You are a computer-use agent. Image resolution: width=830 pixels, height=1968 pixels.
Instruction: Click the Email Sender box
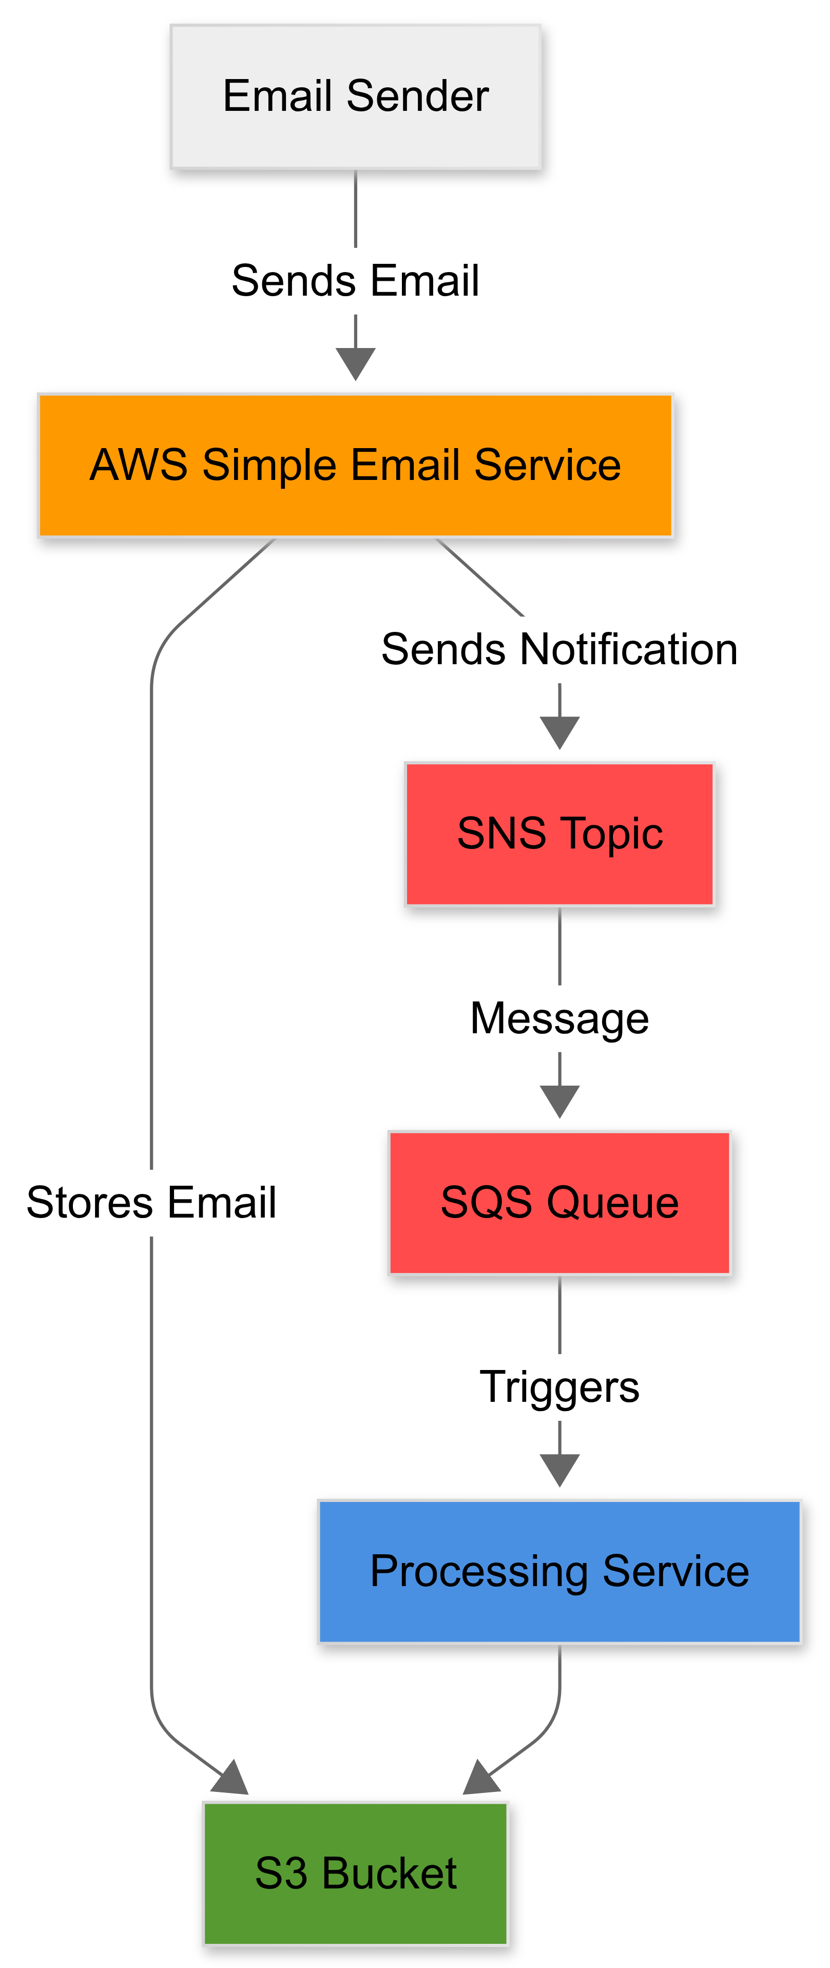pos(355,97)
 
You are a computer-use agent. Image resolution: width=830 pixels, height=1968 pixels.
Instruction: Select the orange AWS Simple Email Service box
pos(355,465)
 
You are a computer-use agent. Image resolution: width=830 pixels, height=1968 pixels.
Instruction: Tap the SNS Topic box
pos(559,834)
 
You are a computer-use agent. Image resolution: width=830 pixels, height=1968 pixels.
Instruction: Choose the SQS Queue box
pos(559,1203)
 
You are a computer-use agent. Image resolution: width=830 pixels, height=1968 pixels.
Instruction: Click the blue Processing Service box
pos(559,1572)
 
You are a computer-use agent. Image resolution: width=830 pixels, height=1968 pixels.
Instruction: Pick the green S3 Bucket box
pos(355,1873)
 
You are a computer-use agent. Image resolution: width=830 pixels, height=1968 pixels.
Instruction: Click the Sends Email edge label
pos(355,280)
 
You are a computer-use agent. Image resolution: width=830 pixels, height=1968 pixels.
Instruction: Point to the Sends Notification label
pos(559,649)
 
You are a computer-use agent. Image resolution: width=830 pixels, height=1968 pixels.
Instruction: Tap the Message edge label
pos(559,1018)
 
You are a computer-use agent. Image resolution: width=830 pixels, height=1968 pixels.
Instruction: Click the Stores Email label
pos(151,1203)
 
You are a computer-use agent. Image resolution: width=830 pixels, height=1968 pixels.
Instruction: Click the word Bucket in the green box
pos(389,1873)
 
